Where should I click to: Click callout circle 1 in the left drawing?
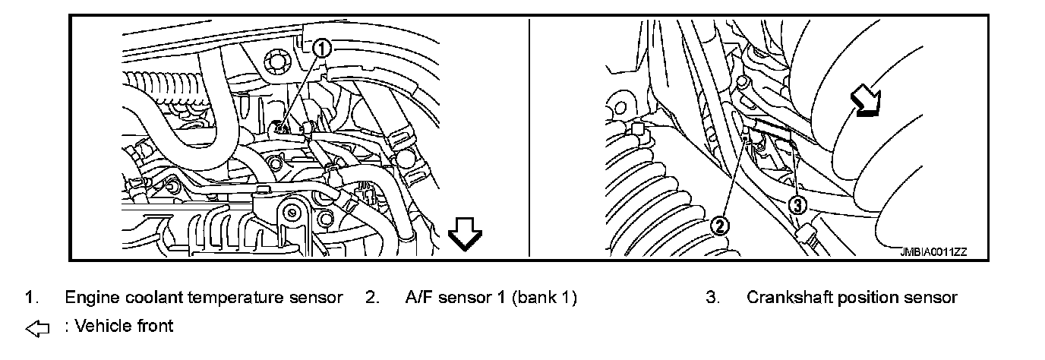click(x=322, y=49)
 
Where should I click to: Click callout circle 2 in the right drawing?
click(x=719, y=225)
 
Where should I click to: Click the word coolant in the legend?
click(x=147, y=298)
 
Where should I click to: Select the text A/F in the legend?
click(x=419, y=298)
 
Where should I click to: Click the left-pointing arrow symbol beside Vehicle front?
click(x=36, y=328)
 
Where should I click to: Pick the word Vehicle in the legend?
click(x=102, y=327)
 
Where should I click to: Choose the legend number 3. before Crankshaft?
click(x=712, y=298)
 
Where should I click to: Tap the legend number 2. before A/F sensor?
click(x=371, y=298)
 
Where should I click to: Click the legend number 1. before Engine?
click(x=30, y=298)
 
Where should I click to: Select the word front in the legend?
click(x=155, y=327)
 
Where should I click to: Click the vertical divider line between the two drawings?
click(x=529, y=137)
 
